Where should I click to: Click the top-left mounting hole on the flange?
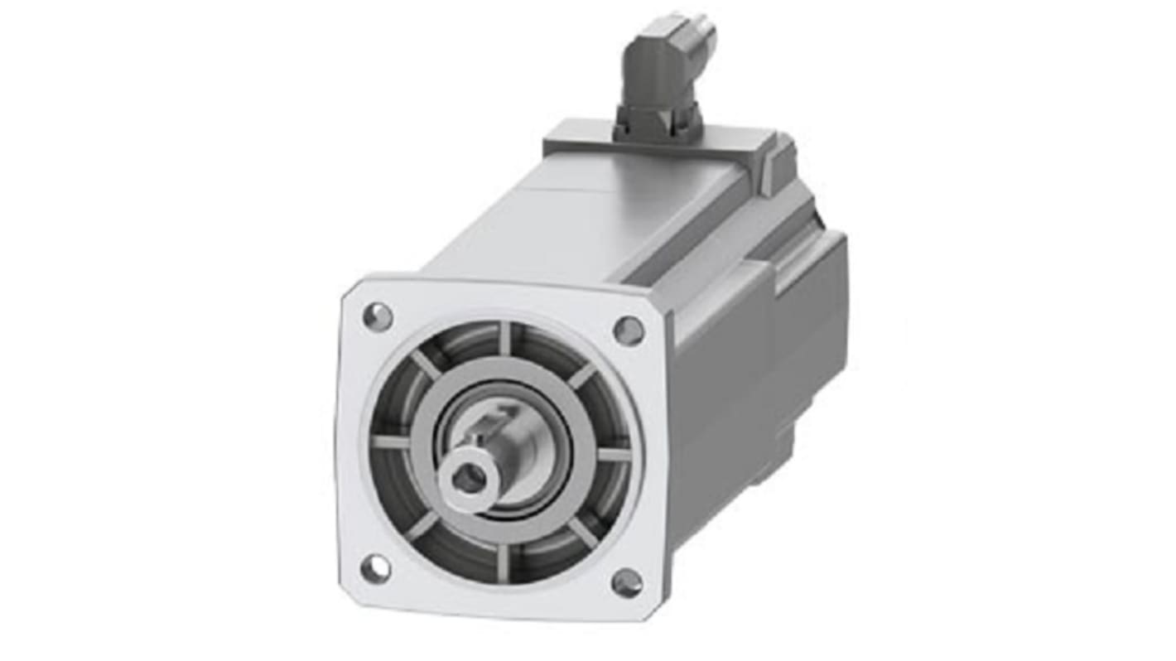378,316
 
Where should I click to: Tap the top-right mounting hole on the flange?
628,330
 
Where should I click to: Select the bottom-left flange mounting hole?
375,568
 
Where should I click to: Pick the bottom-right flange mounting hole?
626,582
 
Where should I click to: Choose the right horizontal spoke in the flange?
613,454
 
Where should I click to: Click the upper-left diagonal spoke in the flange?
427,364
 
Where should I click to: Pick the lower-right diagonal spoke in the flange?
581,532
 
